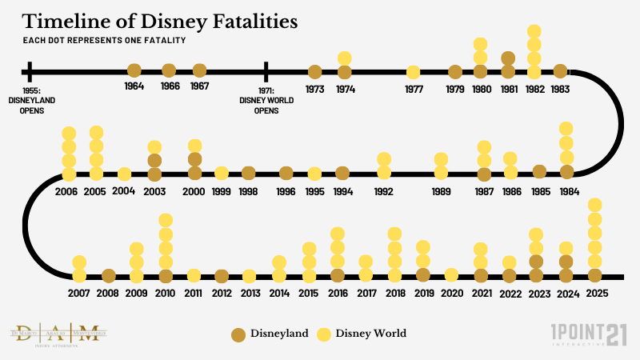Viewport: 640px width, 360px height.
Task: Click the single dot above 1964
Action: pyautogui.click(x=134, y=71)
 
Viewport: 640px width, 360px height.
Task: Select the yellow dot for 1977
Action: pyautogui.click(x=414, y=72)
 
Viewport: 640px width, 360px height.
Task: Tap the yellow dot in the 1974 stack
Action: pyautogui.click(x=345, y=58)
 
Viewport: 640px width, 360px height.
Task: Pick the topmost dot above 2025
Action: pyautogui.click(x=594, y=205)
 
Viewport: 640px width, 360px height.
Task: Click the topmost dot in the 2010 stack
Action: pyautogui.click(x=166, y=220)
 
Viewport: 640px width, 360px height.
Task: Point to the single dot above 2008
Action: pyautogui.click(x=109, y=276)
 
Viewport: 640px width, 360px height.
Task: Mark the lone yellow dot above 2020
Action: pyautogui.click(x=451, y=275)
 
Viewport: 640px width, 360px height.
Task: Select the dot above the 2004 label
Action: pyautogui.click(x=124, y=174)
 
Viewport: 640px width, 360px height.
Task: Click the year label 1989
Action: pyautogui.click(x=441, y=192)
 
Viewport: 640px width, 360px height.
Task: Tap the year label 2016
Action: pyautogui.click(x=337, y=294)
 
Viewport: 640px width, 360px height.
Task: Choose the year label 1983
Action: pyautogui.click(x=560, y=89)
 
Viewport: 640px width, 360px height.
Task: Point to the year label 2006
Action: pyautogui.click(x=68, y=192)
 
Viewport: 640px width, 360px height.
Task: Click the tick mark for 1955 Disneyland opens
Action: pyautogui.click(x=29, y=71)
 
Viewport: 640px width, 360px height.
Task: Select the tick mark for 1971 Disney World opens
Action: pyautogui.click(x=266, y=71)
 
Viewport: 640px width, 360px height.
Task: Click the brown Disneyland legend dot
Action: pyautogui.click(x=238, y=334)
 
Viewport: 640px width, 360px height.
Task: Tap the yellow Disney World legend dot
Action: pyautogui.click(x=325, y=334)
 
